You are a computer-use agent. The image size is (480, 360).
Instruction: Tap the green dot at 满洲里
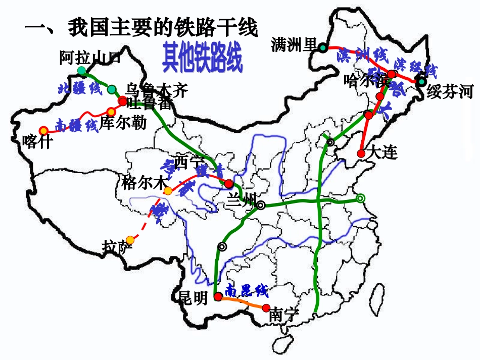pos(322,47)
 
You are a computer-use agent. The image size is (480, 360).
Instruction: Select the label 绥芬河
pos(450,92)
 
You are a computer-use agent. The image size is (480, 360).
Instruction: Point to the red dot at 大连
pos(361,153)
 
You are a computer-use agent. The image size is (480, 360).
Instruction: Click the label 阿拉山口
pos(90,57)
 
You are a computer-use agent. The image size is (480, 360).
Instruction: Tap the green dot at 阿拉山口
pos(81,71)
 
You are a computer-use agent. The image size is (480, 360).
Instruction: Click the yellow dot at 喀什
pos(43,130)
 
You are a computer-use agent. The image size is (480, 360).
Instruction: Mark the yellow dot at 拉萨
pos(130,239)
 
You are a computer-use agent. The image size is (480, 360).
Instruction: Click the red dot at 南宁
pos(266,306)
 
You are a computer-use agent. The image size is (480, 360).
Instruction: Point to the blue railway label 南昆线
pos(247,290)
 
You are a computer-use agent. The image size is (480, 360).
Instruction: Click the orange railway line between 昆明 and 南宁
pos(242,302)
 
